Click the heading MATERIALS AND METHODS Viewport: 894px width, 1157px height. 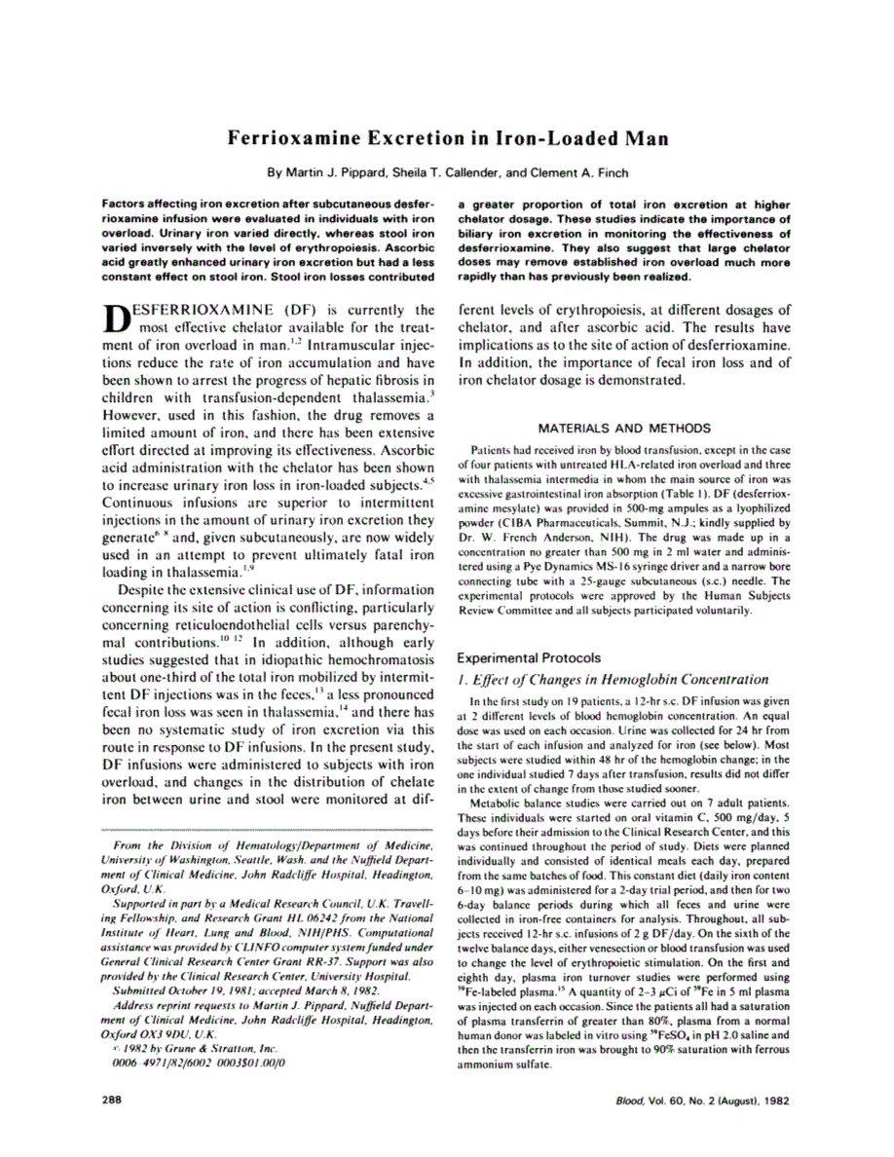(x=623, y=427)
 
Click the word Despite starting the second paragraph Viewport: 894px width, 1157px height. (x=145, y=589)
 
